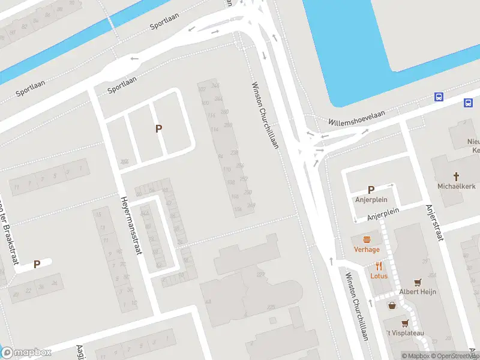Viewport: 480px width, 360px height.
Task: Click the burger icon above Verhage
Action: [367, 239]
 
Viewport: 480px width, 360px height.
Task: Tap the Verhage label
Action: [367, 250]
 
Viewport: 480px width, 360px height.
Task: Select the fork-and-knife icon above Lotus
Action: [379, 266]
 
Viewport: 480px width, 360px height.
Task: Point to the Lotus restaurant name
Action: [379, 276]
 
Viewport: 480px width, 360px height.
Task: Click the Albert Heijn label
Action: [418, 292]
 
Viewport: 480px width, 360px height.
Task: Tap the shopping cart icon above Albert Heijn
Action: [418, 282]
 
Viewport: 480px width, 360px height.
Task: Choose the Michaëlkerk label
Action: [456, 186]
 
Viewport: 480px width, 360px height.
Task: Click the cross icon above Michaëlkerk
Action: [456, 176]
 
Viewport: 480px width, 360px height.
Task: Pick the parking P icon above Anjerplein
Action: [371, 189]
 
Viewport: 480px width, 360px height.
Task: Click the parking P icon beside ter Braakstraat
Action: [37, 264]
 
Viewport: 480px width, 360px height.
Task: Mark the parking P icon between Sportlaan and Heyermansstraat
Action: [159, 128]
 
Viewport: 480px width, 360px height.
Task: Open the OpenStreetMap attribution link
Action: [454, 356]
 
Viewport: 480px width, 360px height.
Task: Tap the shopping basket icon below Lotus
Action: [392, 305]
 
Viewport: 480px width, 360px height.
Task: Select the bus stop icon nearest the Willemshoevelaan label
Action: [439, 97]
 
